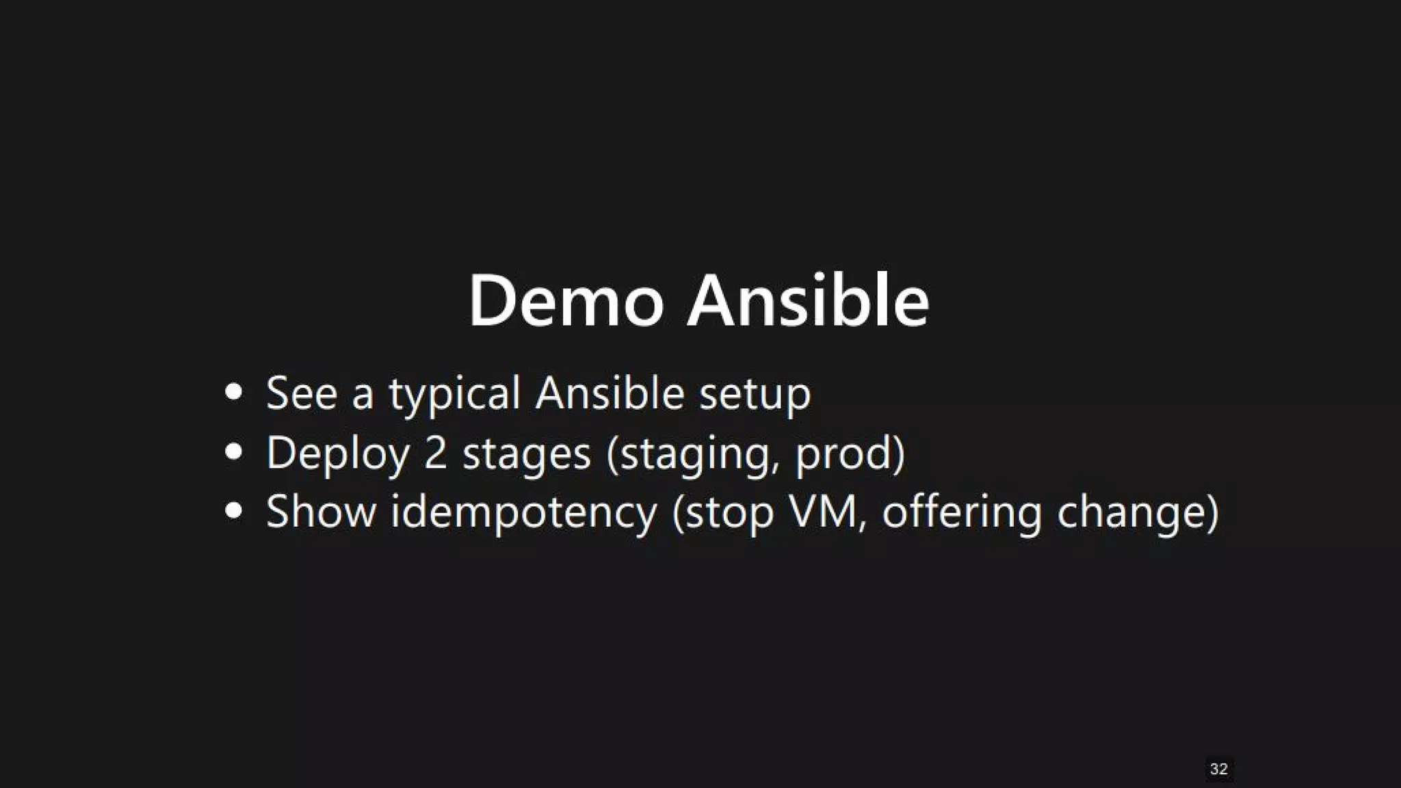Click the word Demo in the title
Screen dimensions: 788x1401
pos(565,302)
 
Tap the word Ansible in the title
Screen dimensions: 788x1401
pos(808,302)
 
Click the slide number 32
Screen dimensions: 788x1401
pos(1218,769)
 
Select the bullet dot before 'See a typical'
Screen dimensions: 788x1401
pos(234,393)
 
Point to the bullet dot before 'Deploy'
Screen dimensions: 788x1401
pos(234,452)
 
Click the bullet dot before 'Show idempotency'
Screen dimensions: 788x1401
pos(234,511)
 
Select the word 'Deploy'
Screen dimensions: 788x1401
pos(337,454)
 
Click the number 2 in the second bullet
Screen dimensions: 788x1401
pos(435,453)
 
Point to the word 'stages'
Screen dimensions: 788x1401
pos(526,454)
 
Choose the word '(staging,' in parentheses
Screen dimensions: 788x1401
pos(693,454)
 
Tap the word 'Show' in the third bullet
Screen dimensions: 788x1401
pos(321,512)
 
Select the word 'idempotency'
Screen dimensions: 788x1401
pos(523,513)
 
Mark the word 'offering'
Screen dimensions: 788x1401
pos(962,513)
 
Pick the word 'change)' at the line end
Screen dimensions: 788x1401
pos(1138,513)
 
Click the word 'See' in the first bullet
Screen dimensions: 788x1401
pos(302,393)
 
